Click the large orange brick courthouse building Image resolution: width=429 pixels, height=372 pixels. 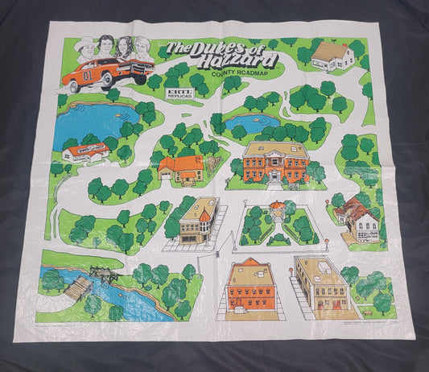point(275,162)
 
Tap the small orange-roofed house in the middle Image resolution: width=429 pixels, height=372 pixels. point(181,168)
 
